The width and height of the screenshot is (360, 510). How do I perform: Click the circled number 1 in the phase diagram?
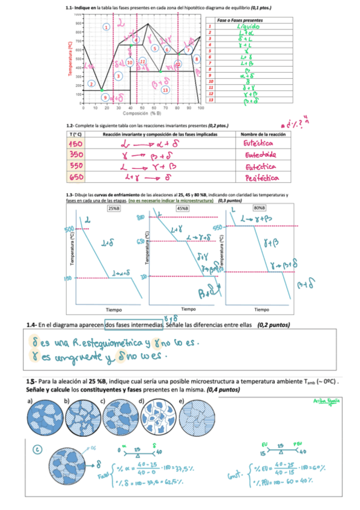point(106,27)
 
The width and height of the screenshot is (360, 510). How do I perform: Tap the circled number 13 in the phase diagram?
point(165,90)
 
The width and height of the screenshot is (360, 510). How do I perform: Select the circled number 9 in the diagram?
point(105,97)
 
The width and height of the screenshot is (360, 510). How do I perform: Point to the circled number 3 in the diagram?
point(119,76)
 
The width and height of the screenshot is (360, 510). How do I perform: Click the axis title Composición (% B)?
point(142,112)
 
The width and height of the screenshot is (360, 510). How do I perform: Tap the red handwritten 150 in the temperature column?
point(79,144)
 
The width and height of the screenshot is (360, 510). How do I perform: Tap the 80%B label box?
point(260,207)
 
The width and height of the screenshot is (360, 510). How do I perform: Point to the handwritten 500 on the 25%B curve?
point(71,229)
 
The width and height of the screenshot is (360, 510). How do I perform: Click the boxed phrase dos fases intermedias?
point(133,325)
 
